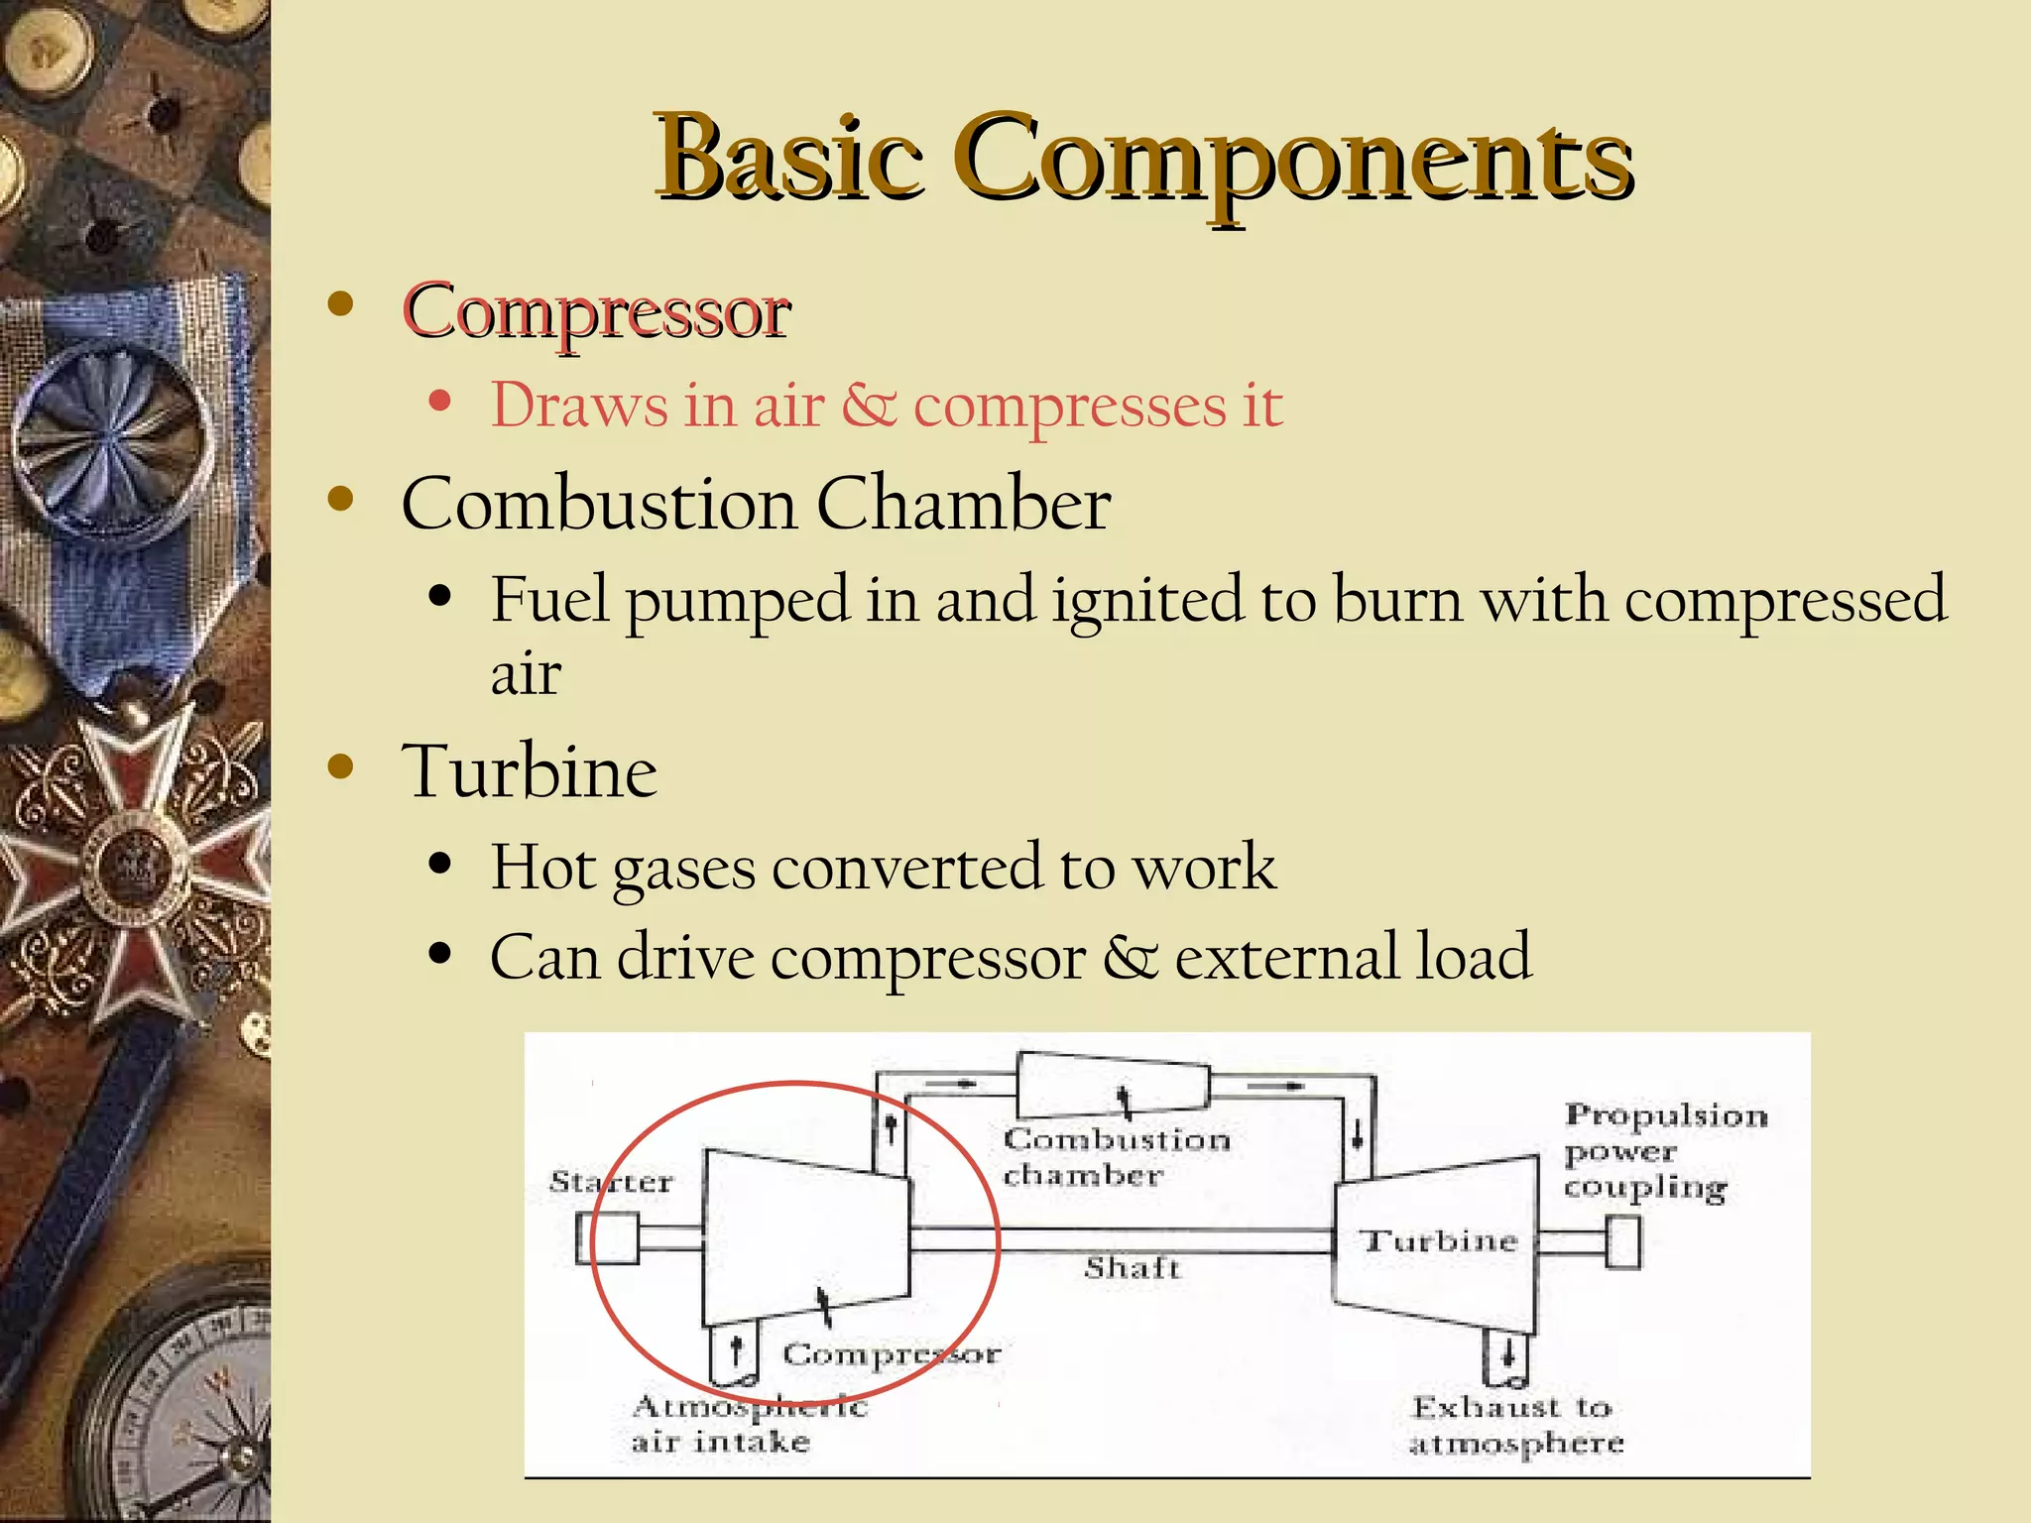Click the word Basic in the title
pyautogui.click(x=788, y=159)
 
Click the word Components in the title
pyautogui.click(x=1294, y=159)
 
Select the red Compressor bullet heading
pyautogui.click(x=596, y=311)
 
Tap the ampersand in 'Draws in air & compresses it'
pyautogui.click(x=869, y=406)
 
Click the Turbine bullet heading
pyautogui.click(x=529, y=771)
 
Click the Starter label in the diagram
pyautogui.click(x=611, y=1182)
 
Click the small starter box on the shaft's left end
pyautogui.click(x=607, y=1239)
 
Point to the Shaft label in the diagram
pyautogui.click(x=1132, y=1268)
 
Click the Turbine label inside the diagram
pyautogui.click(x=1438, y=1241)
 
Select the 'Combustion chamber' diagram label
pyautogui.click(x=1115, y=1157)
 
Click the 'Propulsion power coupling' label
pyautogui.click(x=1664, y=1151)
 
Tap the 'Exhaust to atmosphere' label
pyautogui.click(x=1515, y=1425)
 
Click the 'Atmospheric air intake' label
pyautogui.click(x=749, y=1424)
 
